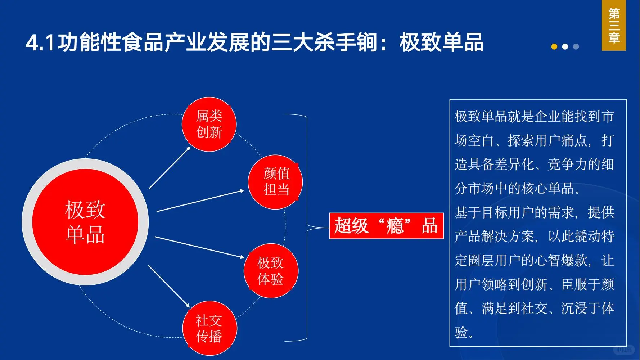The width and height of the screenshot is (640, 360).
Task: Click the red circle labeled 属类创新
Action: pos(209,124)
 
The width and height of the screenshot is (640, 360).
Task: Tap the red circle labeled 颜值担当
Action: pos(275,182)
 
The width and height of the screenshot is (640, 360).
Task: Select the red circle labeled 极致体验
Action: pos(271,271)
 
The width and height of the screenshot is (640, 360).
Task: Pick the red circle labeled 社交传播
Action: pos(209,328)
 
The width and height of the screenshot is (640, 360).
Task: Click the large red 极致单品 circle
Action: pos(85,222)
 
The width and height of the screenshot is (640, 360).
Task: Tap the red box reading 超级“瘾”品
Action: pos(386,226)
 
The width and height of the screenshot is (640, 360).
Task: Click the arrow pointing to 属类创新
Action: pos(170,168)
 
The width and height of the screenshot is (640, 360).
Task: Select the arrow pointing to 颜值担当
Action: pos(200,201)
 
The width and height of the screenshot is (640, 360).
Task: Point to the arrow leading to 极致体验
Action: pos(199,247)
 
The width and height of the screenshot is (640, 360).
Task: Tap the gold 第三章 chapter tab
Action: pos(614,25)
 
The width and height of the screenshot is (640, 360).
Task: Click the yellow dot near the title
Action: pos(554,46)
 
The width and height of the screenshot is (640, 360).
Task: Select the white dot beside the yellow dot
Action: pos(565,46)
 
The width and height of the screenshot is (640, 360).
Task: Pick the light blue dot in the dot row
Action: pos(576,46)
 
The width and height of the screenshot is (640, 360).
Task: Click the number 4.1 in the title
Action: pos(40,42)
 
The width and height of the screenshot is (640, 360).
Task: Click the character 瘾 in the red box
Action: pos(395,226)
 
